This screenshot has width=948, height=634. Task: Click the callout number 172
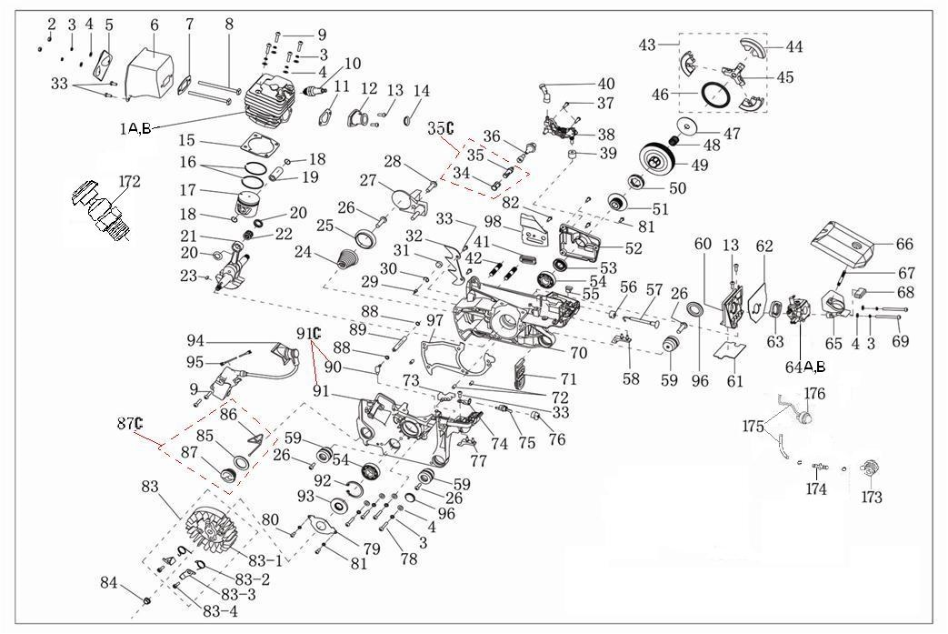click(x=129, y=182)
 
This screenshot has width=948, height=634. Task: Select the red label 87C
click(x=130, y=424)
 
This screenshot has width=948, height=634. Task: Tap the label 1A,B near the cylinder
click(x=136, y=128)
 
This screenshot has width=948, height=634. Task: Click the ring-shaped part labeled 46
click(x=718, y=94)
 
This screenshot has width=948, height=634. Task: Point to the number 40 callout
click(x=605, y=85)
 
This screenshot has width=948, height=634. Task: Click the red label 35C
click(x=441, y=128)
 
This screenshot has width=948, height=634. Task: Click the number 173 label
click(x=872, y=498)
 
